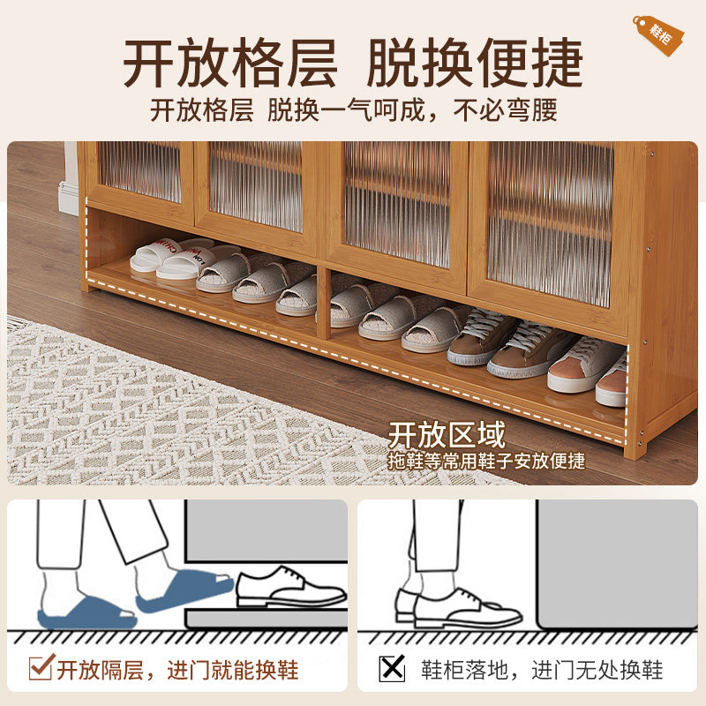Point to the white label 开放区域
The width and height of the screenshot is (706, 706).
pyautogui.click(x=447, y=435)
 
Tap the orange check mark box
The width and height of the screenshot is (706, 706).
pyautogui.click(x=41, y=668)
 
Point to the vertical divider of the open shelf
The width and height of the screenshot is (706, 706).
pyautogui.click(x=324, y=304)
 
